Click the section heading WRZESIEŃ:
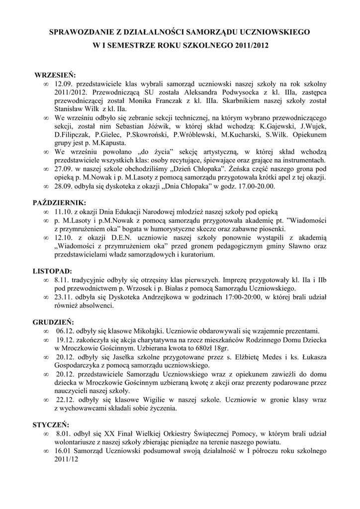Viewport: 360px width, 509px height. click(x=55, y=76)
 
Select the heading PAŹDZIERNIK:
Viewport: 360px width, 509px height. click(x=59, y=203)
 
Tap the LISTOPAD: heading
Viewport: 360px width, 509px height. click(x=52, y=271)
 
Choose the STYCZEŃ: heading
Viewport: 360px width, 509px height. click(x=51, y=425)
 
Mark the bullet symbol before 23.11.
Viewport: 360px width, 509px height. click(x=46, y=297)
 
